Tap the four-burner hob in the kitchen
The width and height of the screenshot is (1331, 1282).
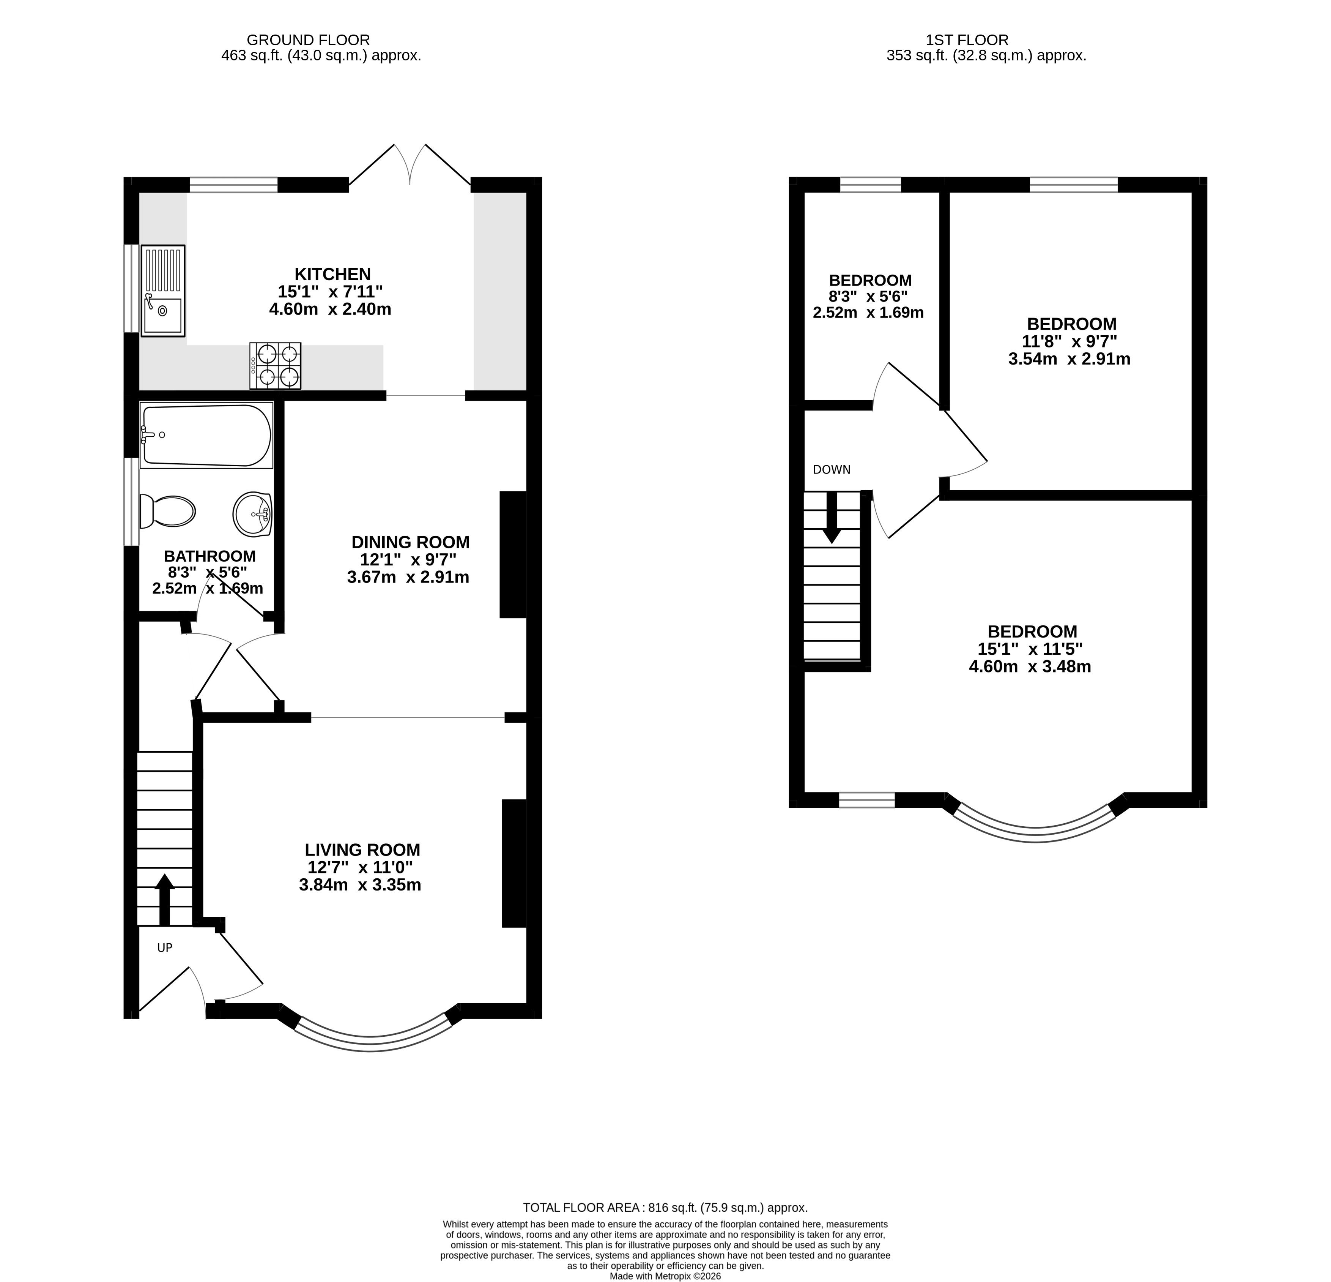[275, 366]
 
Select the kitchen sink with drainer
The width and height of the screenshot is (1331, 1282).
[163, 291]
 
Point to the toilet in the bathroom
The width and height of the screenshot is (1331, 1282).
[167, 511]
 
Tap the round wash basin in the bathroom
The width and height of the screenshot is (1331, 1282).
[253, 514]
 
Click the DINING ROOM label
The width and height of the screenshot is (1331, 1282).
[410, 542]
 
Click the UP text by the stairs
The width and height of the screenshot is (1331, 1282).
[165, 948]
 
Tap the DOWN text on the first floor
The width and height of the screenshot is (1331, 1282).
[832, 469]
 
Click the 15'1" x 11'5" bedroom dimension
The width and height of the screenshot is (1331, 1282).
[1030, 649]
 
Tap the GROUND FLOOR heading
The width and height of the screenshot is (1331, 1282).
[308, 40]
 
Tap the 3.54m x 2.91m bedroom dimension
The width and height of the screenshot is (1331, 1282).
[1070, 359]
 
